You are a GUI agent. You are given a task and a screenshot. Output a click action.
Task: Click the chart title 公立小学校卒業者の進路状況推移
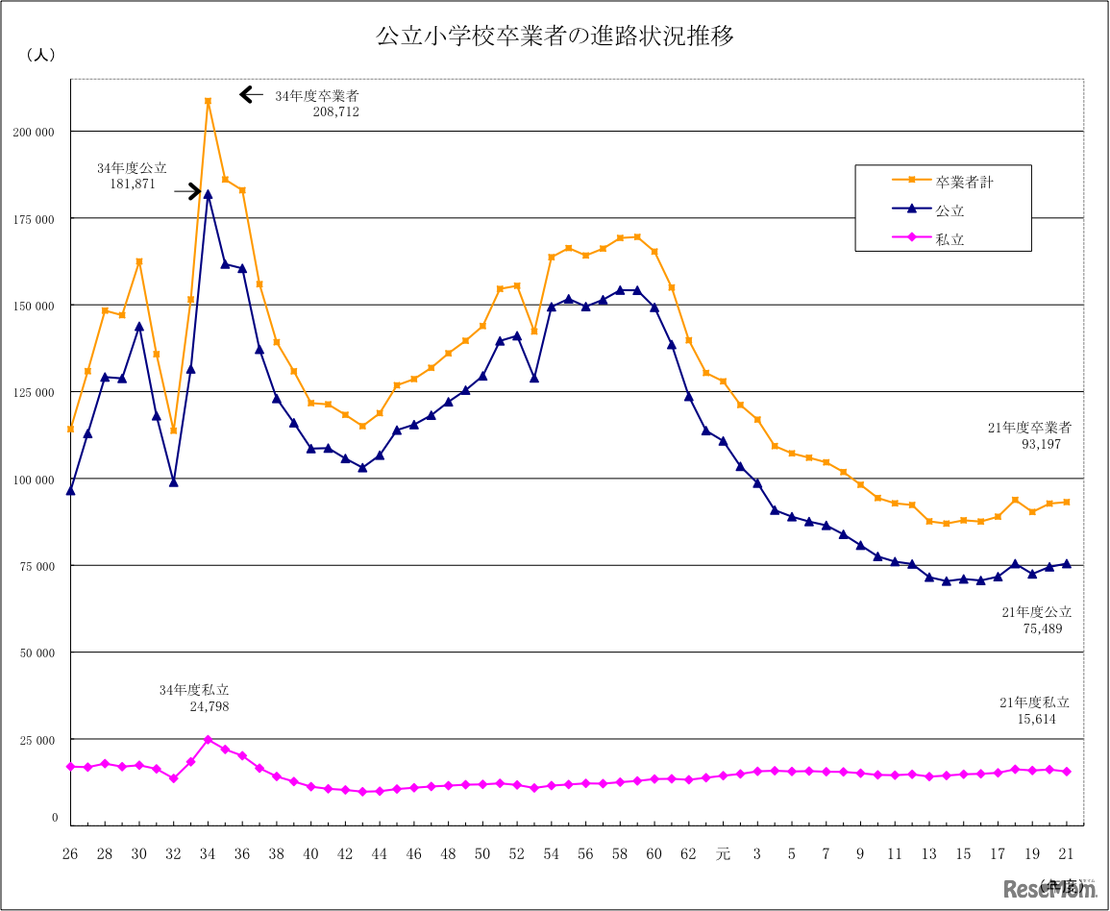555,37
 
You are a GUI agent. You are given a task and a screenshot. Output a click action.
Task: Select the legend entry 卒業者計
964,182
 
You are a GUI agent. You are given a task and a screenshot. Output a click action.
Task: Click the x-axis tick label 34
208,853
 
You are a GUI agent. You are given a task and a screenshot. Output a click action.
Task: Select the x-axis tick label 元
723,853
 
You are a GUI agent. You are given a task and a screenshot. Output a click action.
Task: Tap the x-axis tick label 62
688,853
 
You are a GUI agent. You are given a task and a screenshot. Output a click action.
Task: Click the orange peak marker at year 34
208,101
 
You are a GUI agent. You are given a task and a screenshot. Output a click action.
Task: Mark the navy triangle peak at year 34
208,194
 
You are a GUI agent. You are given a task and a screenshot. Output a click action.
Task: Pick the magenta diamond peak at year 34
208,740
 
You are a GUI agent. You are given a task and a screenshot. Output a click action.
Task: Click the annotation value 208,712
335,111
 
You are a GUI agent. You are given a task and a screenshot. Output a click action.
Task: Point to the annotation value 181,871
132,183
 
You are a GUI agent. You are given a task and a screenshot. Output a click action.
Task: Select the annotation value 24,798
210,706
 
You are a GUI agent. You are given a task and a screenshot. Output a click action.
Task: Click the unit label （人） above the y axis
41,56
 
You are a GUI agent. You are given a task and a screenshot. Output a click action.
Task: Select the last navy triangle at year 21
1067,564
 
